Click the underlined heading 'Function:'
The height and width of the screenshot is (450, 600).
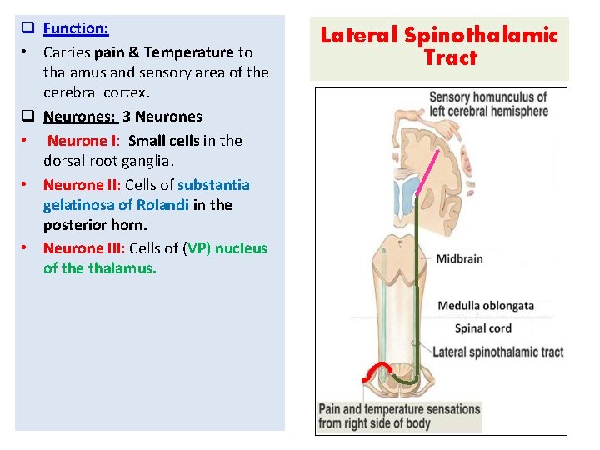click(x=76, y=28)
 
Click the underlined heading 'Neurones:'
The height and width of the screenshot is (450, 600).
click(x=76, y=117)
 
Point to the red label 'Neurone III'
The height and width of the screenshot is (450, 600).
click(x=84, y=247)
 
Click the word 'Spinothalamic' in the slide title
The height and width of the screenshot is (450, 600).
click(x=480, y=35)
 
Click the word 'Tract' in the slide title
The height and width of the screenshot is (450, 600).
click(x=449, y=57)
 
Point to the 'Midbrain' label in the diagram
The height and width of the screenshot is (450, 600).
click(x=459, y=258)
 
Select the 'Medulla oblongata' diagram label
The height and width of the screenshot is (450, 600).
click(x=486, y=306)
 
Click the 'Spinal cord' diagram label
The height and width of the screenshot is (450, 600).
click(x=482, y=328)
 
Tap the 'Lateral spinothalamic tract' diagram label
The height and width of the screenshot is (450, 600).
click(x=497, y=352)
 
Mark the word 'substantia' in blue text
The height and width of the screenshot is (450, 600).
click(x=213, y=184)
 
